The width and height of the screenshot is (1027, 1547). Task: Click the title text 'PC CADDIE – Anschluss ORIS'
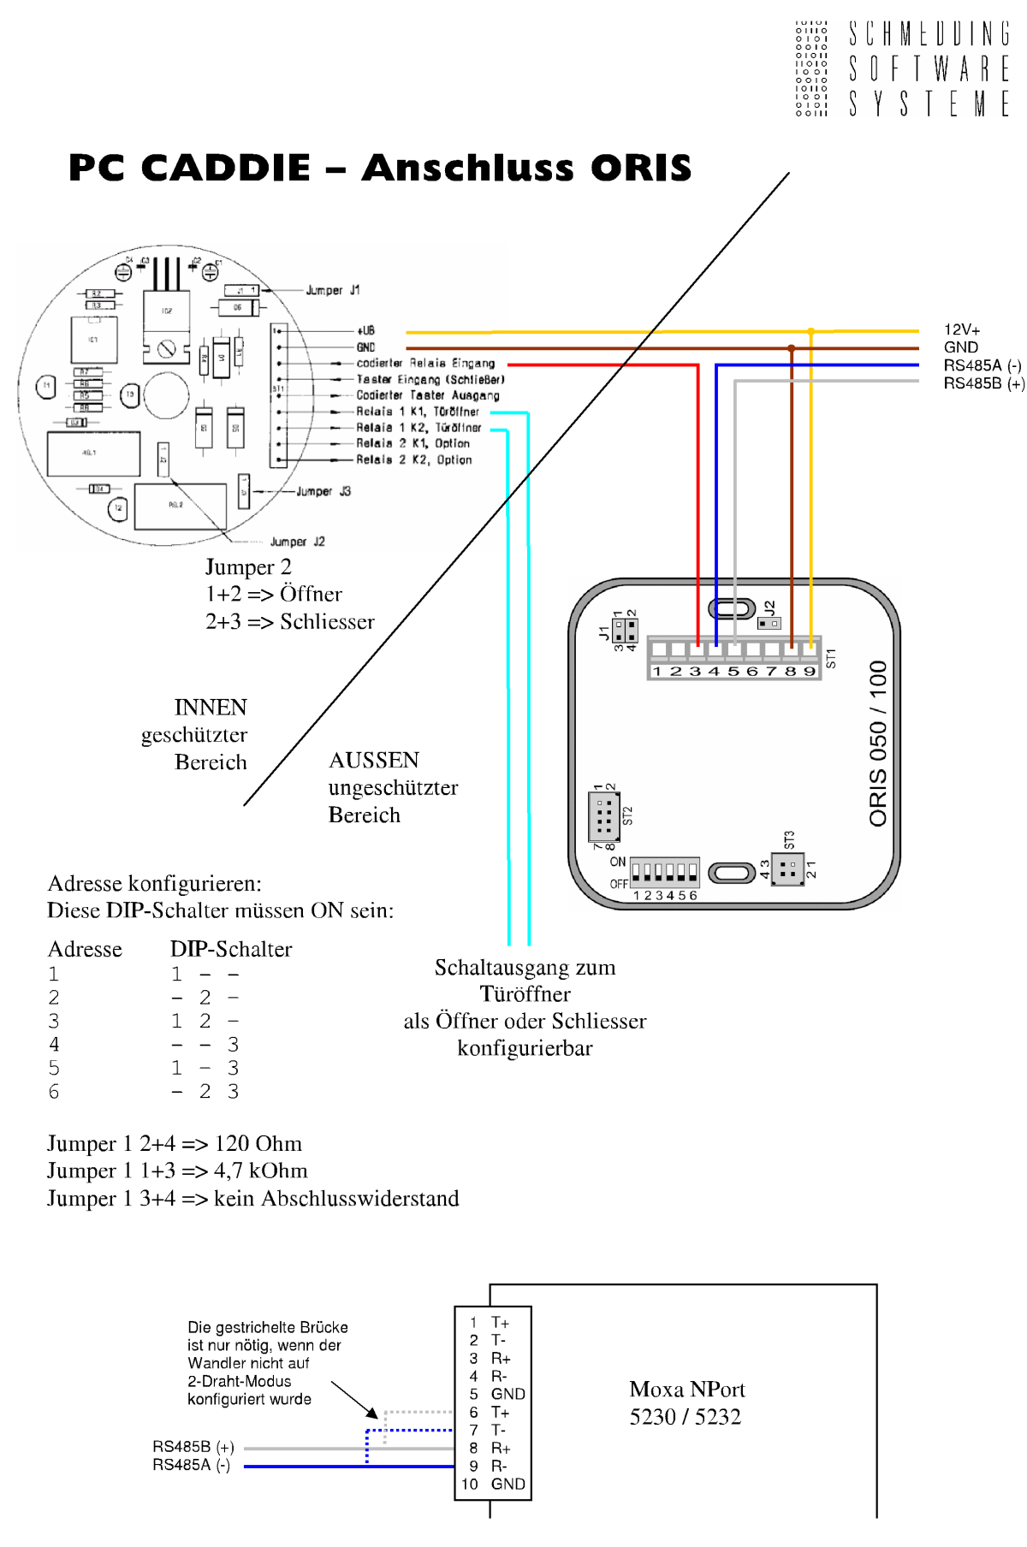(380, 168)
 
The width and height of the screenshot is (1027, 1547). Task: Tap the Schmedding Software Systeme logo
(902, 68)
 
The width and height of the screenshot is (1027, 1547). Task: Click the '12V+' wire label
(962, 330)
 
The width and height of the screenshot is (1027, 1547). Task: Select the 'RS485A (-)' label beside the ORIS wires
(982, 365)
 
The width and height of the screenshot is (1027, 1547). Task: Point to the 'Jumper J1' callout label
(333, 291)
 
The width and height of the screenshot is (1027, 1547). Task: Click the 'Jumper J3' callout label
(324, 492)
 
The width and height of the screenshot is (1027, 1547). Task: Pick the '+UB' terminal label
(365, 330)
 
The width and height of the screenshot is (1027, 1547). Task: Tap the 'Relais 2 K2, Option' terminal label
(414, 460)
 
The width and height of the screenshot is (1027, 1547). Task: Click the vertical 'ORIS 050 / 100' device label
(878, 743)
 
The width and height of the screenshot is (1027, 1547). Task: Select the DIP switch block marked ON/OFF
(664, 872)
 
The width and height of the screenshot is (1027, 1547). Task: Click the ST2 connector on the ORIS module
(604, 817)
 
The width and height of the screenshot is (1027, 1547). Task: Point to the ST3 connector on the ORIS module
(787, 870)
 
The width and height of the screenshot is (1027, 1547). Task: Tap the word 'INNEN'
(211, 708)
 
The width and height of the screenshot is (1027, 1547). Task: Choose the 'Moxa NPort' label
(687, 1389)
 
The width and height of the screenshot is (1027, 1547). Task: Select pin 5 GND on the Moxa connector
(499, 1394)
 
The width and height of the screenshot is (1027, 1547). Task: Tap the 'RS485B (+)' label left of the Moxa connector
(193, 1447)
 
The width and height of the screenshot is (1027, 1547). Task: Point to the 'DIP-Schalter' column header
(231, 949)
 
